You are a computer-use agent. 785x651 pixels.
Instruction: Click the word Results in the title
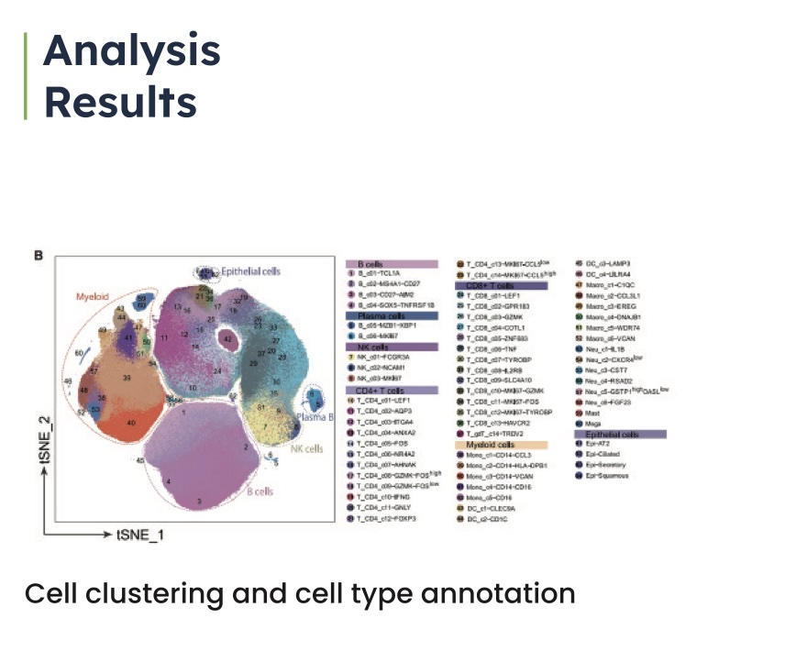click(x=120, y=101)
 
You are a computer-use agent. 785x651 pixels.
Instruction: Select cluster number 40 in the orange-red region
click(x=131, y=423)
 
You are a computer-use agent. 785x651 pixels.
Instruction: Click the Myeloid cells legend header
click(x=486, y=445)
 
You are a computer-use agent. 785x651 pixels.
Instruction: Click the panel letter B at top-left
click(x=38, y=256)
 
